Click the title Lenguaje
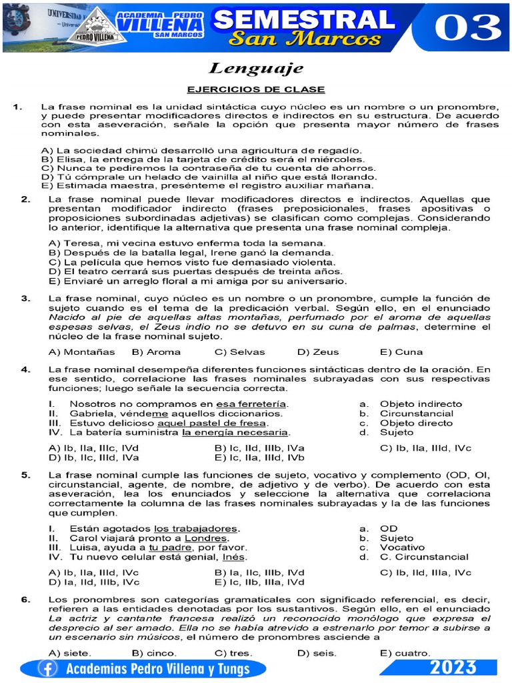(x=256, y=68)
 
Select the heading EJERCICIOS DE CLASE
(x=256, y=89)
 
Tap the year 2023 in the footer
(x=453, y=668)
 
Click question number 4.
(x=25, y=369)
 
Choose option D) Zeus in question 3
(x=318, y=352)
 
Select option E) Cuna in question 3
(x=401, y=352)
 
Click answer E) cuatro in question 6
(x=405, y=652)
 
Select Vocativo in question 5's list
(x=402, y=547)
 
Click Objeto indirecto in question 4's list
(x=421, y=404)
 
